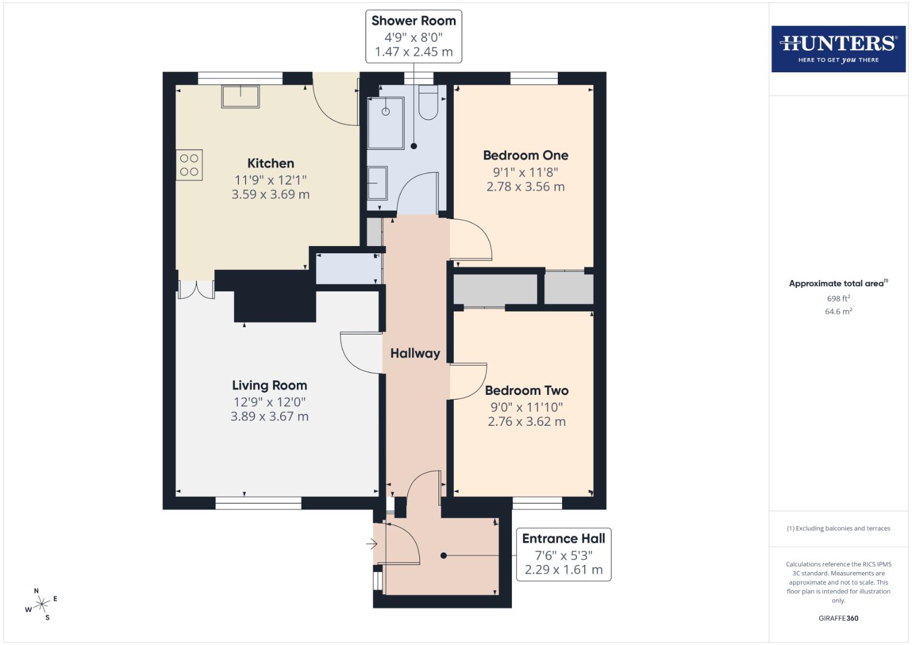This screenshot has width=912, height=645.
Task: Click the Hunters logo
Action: coord(838,49)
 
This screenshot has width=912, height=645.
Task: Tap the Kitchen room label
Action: coord(271,164)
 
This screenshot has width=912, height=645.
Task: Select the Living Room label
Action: coord(269,386)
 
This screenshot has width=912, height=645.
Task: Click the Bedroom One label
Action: coord(526,155)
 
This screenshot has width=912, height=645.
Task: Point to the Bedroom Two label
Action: coord(526,391)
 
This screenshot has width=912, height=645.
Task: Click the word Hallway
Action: coord(415,354)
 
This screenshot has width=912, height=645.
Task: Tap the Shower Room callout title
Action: coord(413,21)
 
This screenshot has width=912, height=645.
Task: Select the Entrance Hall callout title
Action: coord(563,539)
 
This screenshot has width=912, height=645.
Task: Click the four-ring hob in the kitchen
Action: coord(189,165)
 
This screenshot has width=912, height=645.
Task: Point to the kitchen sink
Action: coord(241,96)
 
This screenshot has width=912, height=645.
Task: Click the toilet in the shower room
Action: coord(428,102)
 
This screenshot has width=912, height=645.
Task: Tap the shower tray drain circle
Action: coord(386,112)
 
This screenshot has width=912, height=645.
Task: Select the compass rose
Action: coord(41,605)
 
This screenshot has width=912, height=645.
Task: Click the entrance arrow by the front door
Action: coord(371,544)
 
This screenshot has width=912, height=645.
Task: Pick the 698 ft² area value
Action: coord(838,299)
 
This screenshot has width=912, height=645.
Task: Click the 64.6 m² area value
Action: coord(838,312)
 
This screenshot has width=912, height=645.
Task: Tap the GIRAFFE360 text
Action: coord(838,619)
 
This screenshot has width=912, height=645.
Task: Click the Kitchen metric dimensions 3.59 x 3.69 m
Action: coord(271,195)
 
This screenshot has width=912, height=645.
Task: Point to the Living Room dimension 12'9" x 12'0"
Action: coord(269,403)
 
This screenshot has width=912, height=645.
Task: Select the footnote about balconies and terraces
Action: coord(838,529)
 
